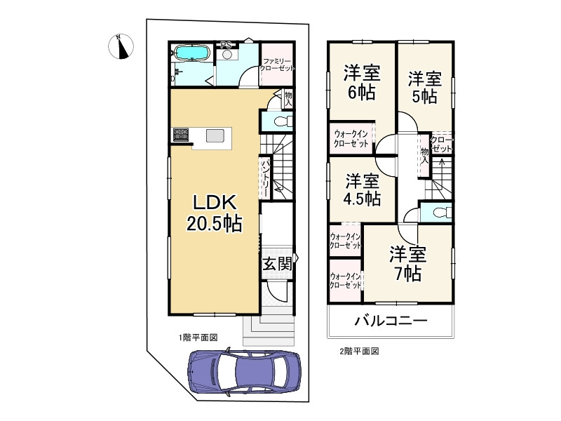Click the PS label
pos(226,46)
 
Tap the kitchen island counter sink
pos(214,136)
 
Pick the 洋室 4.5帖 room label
pos(362,189)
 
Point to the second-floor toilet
pos(438,212)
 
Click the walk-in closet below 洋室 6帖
pos(351,138)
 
